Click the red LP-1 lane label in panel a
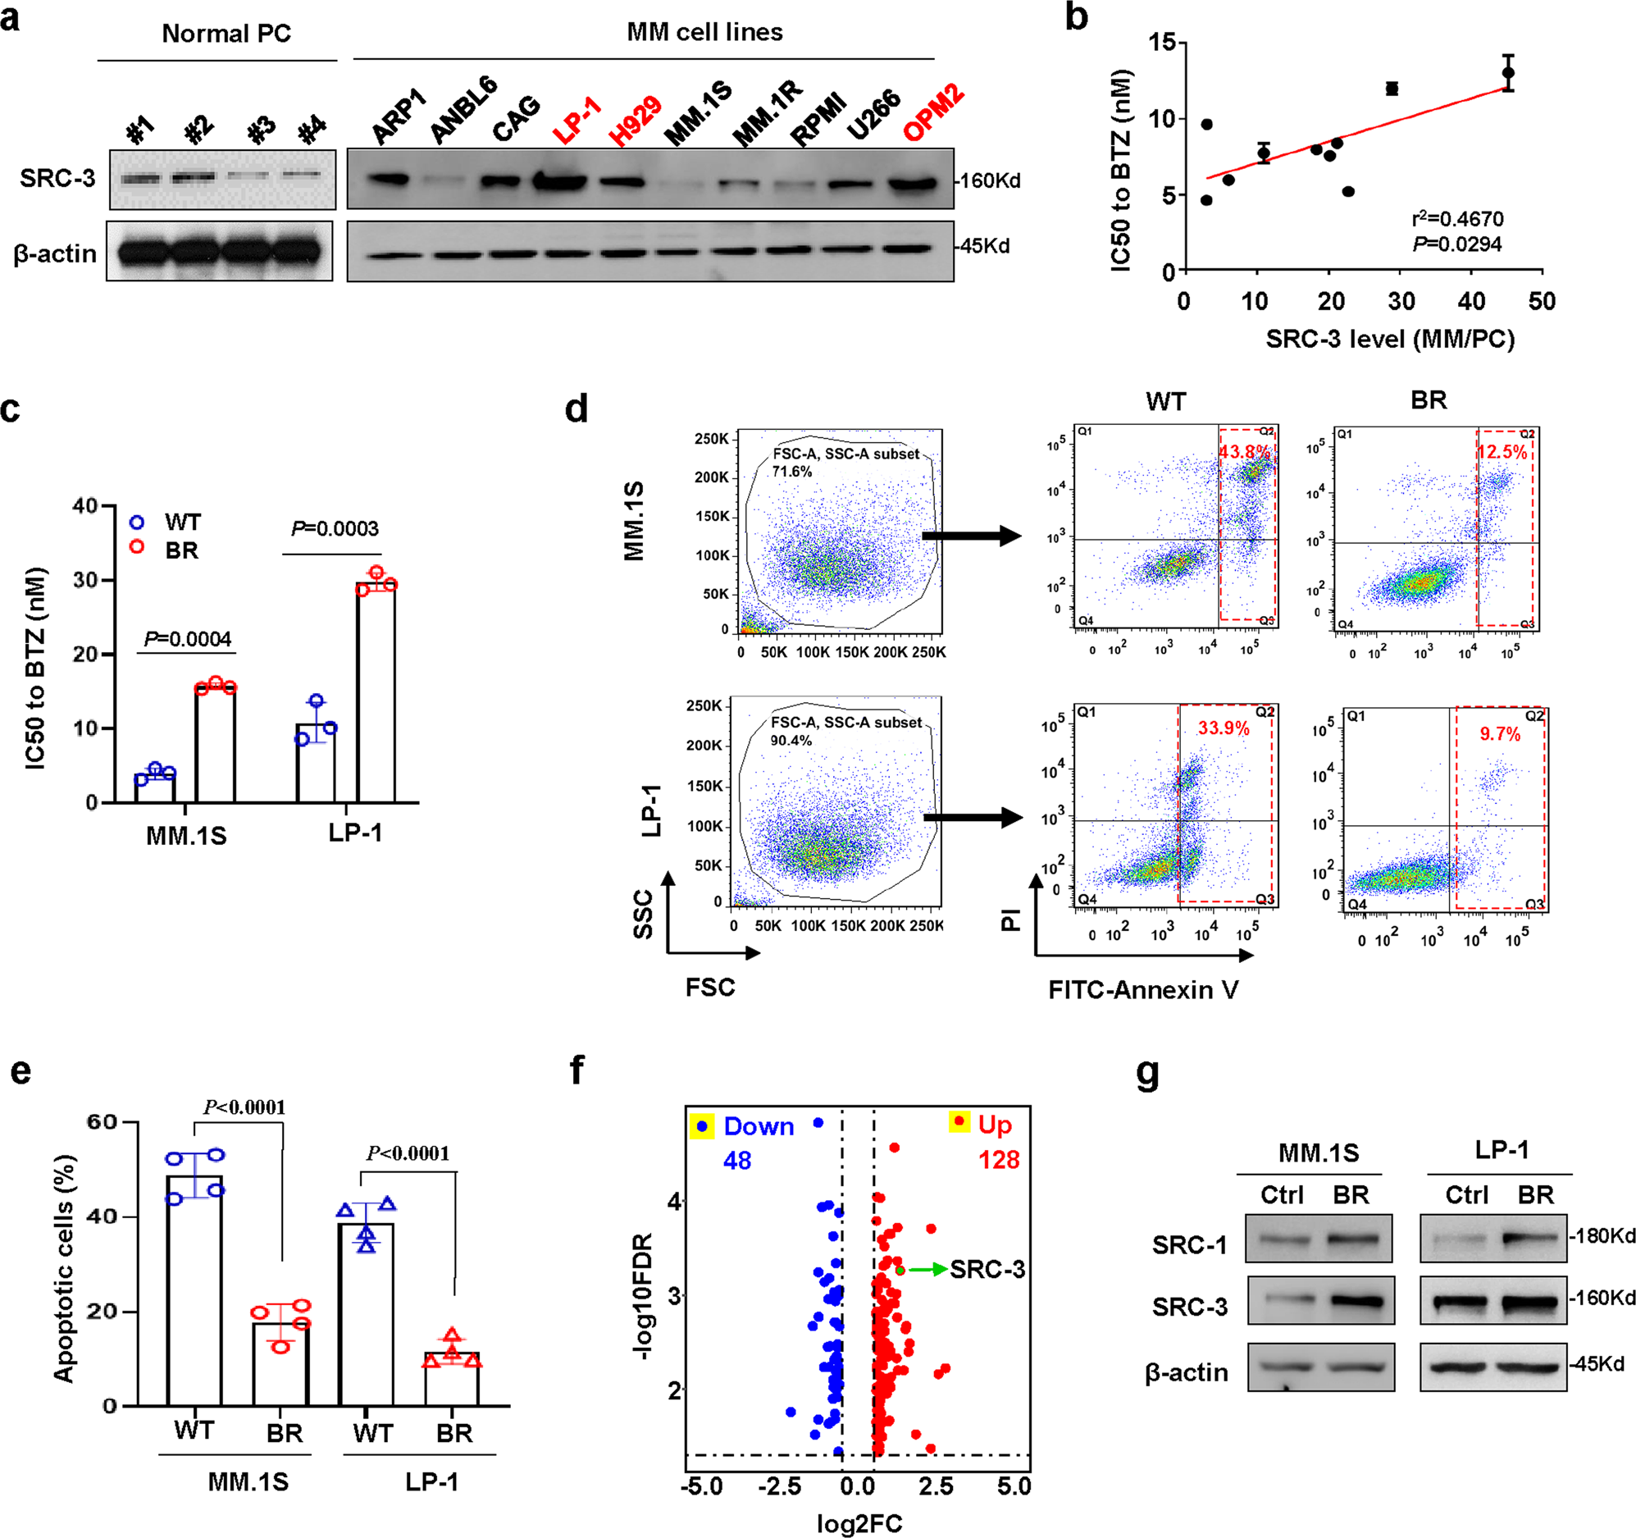pos(576,121)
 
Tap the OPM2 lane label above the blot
pos(934,114)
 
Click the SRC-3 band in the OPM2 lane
pos(913,183)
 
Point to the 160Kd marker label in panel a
pos(989,180)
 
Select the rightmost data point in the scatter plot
pos(1507,72)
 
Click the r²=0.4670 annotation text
pos(1457,219)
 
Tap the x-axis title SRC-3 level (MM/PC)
pos(1390,339)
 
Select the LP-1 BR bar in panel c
pos(376,691)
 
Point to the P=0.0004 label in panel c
pos(188,639)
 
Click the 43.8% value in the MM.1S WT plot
pos(1244,452)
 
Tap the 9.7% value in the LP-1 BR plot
pos(1499,733)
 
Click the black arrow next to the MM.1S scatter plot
pos(971,536)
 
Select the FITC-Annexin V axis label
pos(1143,989)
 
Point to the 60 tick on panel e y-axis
pos(102,1121)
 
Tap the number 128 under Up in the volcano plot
pos(998,1160)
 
